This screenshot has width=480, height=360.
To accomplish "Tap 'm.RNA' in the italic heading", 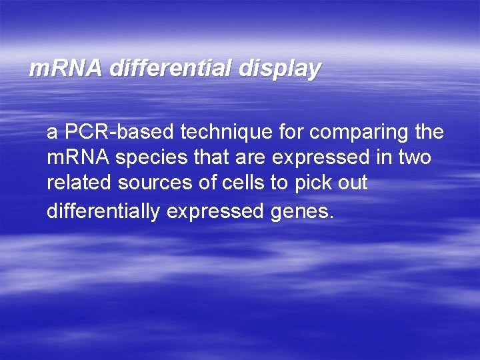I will [x=65, y=69].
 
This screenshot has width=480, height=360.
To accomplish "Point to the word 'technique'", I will [x=225, y=133].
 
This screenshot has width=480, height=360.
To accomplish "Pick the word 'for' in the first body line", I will [x=290, y=133].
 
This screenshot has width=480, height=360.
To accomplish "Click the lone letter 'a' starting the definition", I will [x=52, y=133].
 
